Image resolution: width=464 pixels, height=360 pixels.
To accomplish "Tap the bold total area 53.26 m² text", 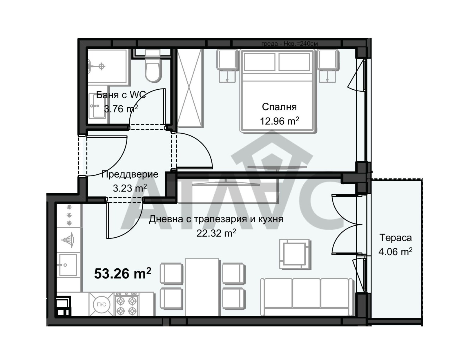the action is pyautogui.click(x=123, y=274).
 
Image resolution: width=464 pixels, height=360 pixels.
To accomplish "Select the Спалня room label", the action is pyautogui.click(x=279, y=107).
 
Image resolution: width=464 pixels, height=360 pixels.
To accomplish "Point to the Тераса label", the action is pyautogui.click(x=396, y=238).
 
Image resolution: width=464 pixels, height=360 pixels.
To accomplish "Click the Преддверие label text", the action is pyautogui.click(x=130, y=174).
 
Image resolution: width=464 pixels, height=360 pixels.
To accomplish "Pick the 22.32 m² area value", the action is pyautogui.click(x=216, y=233).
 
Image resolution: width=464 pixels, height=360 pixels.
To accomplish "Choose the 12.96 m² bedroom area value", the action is pyautogui.click(x=279, y=121).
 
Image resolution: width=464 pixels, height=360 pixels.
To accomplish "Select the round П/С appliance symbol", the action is pyautogui.click(x=101, y=305).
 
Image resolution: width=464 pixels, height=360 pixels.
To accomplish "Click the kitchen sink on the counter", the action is pyautogui.click(x=68, y=265).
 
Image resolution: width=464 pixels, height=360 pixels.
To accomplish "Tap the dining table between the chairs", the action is pyautogui.click(x=202, y=287).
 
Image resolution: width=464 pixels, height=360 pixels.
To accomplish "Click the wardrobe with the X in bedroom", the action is pyautogui.click(x=190, y=88).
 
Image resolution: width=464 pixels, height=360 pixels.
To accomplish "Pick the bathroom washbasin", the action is pyautogui.click(x=97, y=106).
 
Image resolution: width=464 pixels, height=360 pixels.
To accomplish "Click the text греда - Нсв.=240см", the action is pyautogui.click(x=289, y=44).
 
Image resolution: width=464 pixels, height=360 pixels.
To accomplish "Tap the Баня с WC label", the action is pyautogui.click(x=121, y=95).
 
